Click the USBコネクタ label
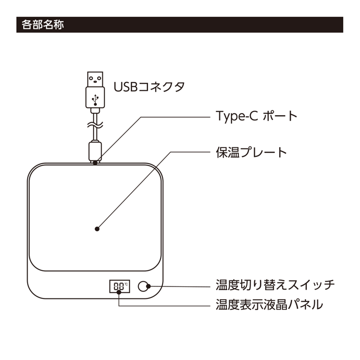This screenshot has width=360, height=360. point(149,86)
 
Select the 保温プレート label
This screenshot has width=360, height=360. point(251,152)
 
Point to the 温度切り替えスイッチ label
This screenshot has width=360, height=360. point(275,285)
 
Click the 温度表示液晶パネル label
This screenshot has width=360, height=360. point(269,305)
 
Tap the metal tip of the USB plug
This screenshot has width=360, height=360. point(95,80)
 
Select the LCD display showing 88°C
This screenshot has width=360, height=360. point(120,286)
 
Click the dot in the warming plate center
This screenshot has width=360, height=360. point(98,229)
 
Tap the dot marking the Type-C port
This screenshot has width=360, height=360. point(95,162)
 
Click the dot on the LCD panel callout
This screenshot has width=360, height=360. point(119,292)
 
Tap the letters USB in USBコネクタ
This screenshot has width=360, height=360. point(123,86)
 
